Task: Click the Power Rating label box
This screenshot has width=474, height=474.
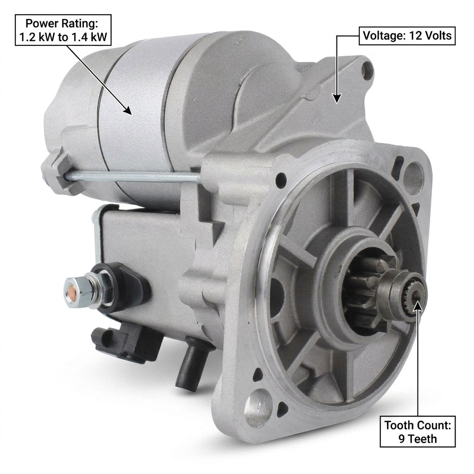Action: point(63,30)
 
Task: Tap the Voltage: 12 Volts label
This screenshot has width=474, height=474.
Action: point(407,36)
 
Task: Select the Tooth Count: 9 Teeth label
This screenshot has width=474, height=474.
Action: point(418,432)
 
